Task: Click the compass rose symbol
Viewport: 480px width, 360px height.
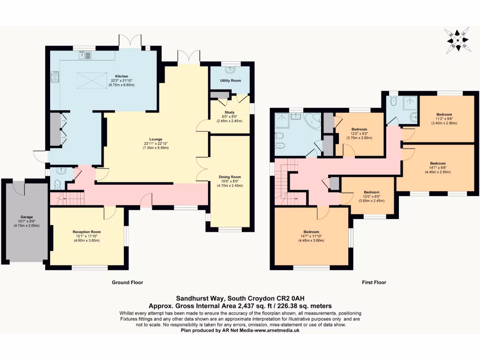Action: [x=457, y=40]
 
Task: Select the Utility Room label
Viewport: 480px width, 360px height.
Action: [x=230, y=81]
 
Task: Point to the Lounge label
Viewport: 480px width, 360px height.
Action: [x=156, y=139]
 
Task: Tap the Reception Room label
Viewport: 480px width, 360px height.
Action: [x=86, y=232]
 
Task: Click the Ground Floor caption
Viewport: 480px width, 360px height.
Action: [x=127, y=283]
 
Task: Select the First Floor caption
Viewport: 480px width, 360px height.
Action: [x=374, y=283]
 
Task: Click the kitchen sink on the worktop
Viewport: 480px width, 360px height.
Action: [x=85, y=56]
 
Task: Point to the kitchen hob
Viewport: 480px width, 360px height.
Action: [x=54, y=76]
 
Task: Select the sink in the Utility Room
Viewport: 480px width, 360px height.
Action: [x=230, y=70]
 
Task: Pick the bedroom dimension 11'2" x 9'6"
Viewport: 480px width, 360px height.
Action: [x=444, y=119]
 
